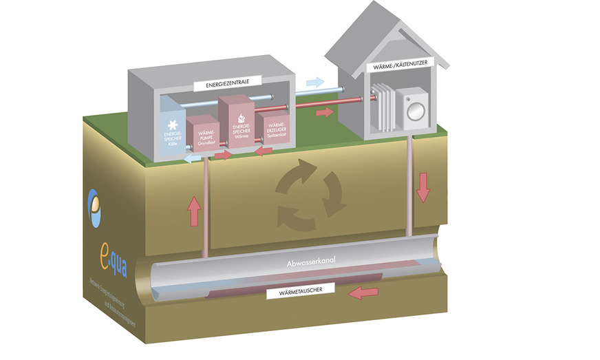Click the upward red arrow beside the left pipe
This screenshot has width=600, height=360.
pyautogui.click(x=195, y=211)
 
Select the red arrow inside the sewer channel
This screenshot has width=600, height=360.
pyautogui.click(x=363, y=293)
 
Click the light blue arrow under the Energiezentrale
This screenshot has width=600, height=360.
pyautogui.click(x=192, y=158)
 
